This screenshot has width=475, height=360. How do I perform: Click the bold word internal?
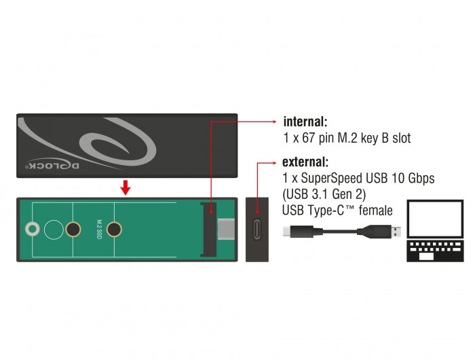tap(305, 123)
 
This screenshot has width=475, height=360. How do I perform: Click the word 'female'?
tap(374, 211)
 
